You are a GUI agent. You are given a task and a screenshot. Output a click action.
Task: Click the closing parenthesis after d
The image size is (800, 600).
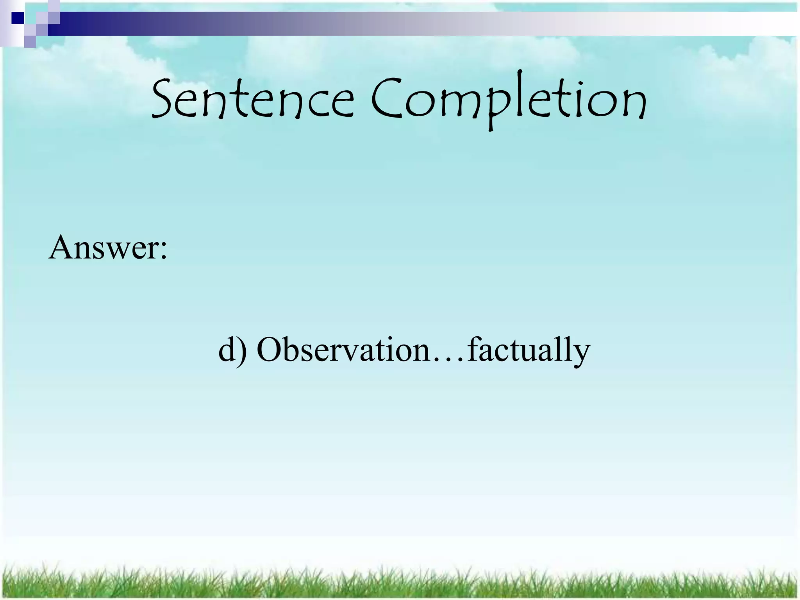pos(243,350)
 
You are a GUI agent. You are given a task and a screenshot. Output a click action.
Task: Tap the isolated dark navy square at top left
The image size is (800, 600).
pos(18,18)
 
